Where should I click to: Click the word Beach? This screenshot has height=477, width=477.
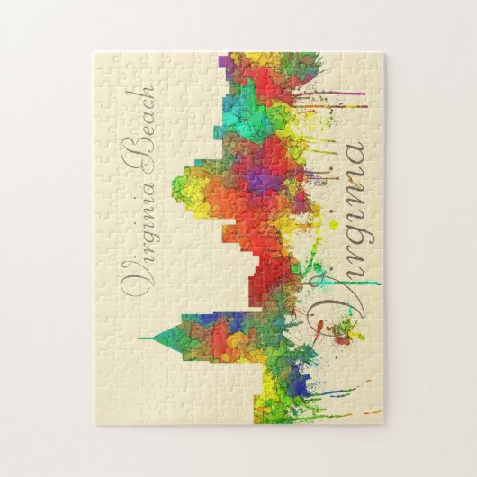tap(140, 126)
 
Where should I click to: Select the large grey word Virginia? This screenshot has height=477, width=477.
tap(340, 234)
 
